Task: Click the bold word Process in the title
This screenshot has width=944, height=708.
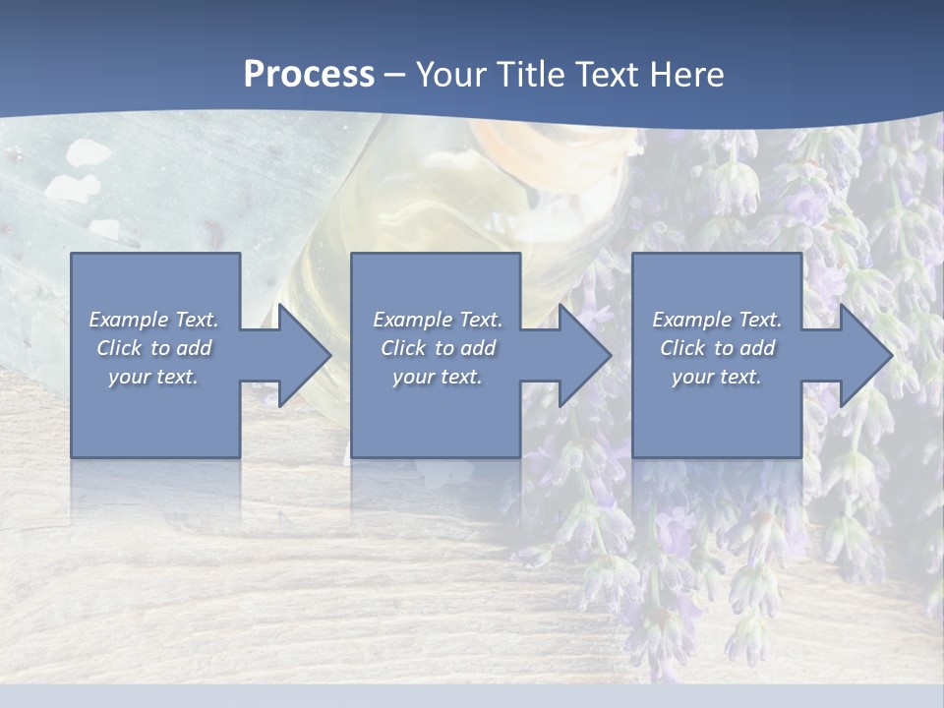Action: click(x=309, y=75)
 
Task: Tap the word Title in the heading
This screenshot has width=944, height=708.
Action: click(x=532, y=75)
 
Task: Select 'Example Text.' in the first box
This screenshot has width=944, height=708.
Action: click(x=153, y=320)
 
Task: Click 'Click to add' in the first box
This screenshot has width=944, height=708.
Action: click(x=153, y=348)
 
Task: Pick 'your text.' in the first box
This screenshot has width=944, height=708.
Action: click(x=153, y=377)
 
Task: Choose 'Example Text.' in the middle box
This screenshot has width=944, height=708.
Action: click(x=438, y=320)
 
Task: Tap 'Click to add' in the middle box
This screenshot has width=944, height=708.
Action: click(x=438, y=348)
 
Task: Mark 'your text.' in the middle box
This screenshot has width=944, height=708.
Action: click(x=438, y=377)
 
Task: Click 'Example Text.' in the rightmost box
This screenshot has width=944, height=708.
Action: click(x=717, y=320)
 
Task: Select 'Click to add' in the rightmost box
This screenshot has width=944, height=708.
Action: click(x=717, y=348)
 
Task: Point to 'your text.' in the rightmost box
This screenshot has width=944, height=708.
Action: click(x=717, y=377)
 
